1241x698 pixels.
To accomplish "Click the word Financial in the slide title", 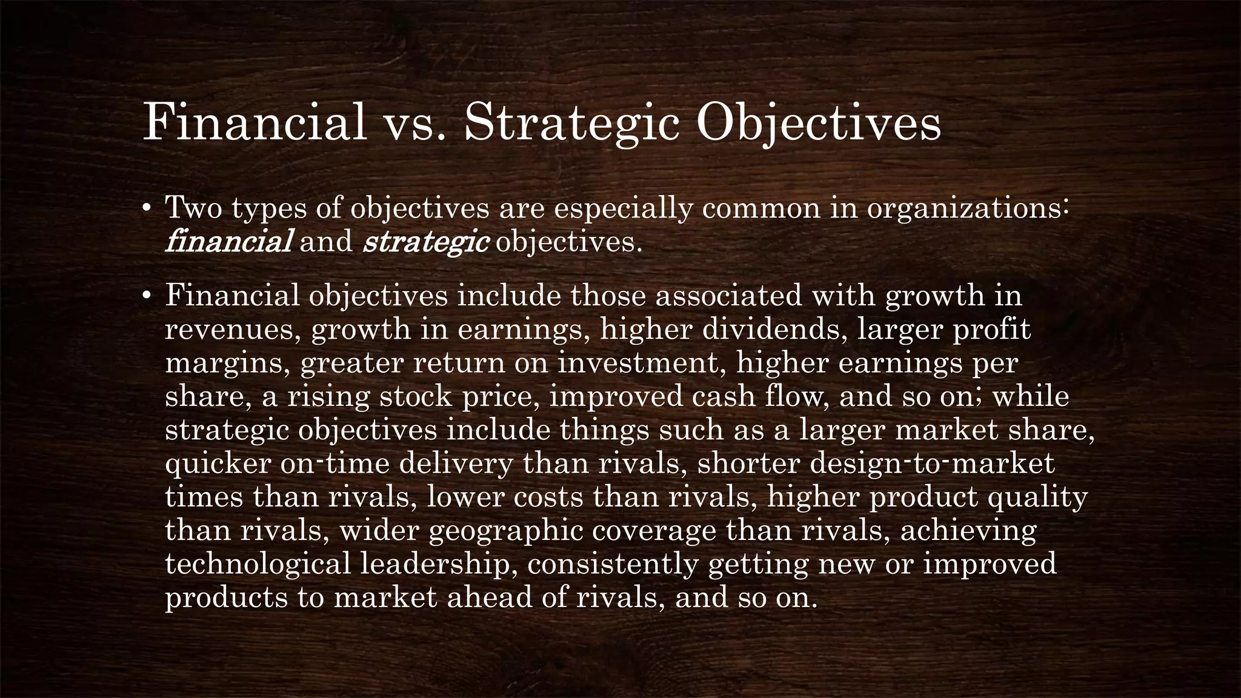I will click(x=255, y=123).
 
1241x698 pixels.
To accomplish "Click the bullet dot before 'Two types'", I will click(x=146, y=208).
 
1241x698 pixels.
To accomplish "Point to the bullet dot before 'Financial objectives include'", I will click(x=146, y=296).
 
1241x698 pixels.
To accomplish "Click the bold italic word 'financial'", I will click(x=228, y=242).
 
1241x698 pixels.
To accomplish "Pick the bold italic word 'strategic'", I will click(x=426, y=242).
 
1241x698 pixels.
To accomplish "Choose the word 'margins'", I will click(x=227, y=363).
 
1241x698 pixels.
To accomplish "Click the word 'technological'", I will click(x=258, y=563).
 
